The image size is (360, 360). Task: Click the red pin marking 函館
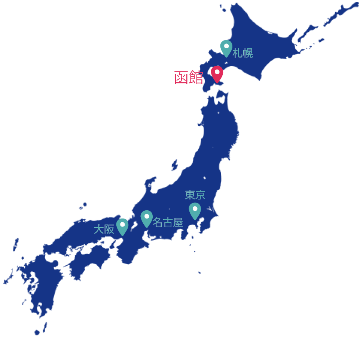coord(217,73)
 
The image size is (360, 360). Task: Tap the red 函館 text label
coord(189,78)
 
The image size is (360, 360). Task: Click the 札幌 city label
coord(242,53)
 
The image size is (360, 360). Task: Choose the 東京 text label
coord(195,195)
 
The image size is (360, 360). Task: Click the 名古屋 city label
coord(168,222)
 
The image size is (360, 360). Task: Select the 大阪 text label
coord(104,229)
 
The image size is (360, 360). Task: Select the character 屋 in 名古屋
coord(178,222)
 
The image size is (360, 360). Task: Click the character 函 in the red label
coord(181,78)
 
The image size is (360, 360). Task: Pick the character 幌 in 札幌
coord(248,53)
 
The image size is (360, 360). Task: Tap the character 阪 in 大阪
coord(109,229)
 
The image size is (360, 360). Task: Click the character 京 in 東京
coord(200,195)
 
